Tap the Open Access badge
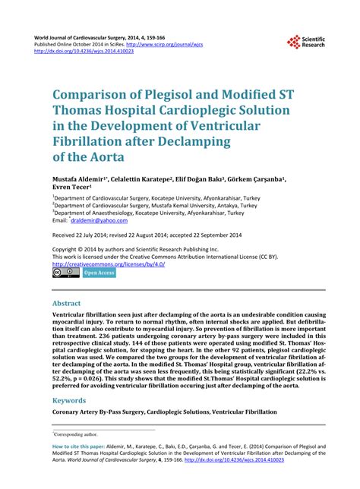[99, 273]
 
